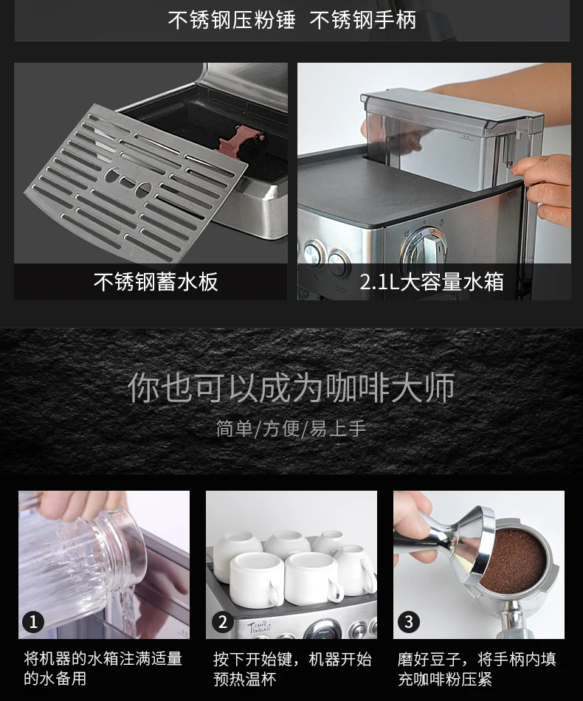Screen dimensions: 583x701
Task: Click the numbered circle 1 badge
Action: (33, 622)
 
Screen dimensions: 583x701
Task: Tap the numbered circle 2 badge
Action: (223, 622)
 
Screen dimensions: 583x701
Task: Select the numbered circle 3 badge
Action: (409, 622)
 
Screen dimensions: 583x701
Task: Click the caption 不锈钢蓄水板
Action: (156, 282)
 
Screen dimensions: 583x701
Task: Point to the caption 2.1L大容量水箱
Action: (432, 282)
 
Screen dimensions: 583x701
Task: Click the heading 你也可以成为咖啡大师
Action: (291, 387)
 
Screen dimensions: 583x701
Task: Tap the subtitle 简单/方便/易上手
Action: (291, 429)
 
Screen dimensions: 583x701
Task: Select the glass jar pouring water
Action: (83, 563)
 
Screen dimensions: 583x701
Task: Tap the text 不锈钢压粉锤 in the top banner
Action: (232, 20)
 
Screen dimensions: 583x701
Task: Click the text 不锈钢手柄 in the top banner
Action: (362, 20)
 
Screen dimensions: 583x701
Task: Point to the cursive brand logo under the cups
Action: (259, 626)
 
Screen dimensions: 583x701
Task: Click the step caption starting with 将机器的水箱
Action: (103, 669)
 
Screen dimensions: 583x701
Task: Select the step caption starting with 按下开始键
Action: (292, 669)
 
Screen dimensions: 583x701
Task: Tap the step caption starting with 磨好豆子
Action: (477, 669)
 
